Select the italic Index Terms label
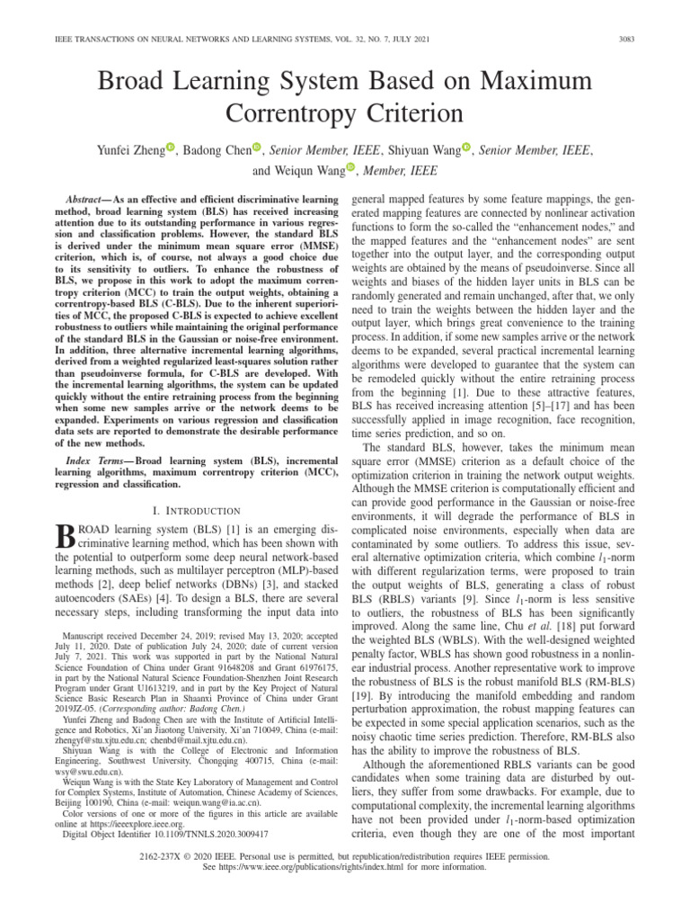tap(96, 460)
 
